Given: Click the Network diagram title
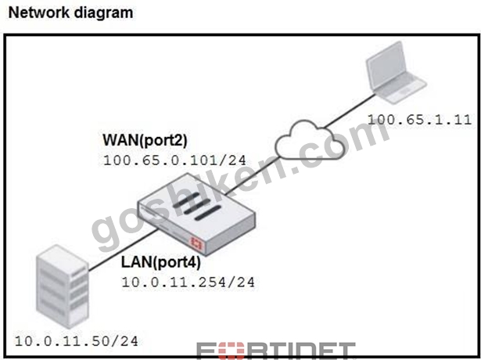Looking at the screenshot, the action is pos(70,13).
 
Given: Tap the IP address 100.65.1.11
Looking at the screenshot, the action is pos(419,120).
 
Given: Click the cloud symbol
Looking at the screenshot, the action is pos(309,141).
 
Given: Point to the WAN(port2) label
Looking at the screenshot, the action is pos(145,140).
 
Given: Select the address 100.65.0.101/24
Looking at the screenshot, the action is pos(174,160).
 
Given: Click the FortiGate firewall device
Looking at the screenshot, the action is pos(196,214).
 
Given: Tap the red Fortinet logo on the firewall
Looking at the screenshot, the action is pos(196,243).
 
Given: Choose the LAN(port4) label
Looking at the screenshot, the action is pos(161,262).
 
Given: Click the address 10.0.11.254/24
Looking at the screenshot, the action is pos(188,283).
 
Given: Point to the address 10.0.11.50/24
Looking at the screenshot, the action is pos(77,341).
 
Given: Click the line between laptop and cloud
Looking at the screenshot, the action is pos(349,110).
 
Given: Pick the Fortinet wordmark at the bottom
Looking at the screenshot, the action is pos(276,351).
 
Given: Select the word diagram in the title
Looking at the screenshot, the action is pos(103,14).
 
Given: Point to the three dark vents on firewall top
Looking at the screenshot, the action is pos(196,207).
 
